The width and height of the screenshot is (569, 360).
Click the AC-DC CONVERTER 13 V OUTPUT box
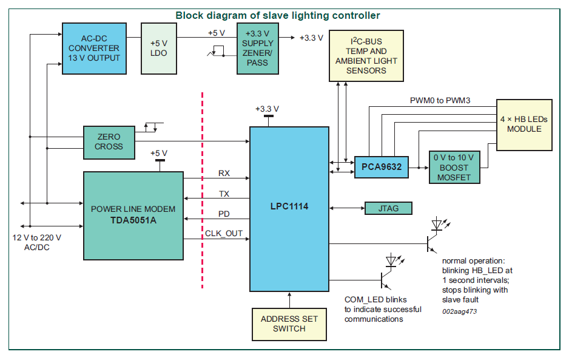pos(94,49)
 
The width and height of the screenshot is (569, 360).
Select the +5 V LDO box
pos(158,49)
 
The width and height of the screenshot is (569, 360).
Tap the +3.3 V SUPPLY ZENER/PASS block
pos(258,49)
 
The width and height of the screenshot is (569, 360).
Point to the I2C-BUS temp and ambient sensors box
pos(366,56)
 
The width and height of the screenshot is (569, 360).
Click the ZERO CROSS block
pos(109,141)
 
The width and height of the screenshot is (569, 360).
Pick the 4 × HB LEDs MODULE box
pos(525,124)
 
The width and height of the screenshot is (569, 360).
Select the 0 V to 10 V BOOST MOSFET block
pos(454,166)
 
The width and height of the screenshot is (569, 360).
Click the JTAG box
pos(388,208)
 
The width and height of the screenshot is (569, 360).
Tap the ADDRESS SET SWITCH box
pos(289,324)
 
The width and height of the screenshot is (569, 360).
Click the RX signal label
pos(224,173)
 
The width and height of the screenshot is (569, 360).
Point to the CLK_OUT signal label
pos(223,233)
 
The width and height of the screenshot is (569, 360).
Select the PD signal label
pos(224,213)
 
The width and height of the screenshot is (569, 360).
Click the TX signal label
pos(224,193)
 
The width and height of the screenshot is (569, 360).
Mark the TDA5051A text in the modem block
pos(133,220)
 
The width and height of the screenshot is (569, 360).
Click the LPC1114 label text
pos(289,206)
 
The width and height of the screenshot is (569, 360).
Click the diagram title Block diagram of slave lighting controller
pos(278,15)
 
